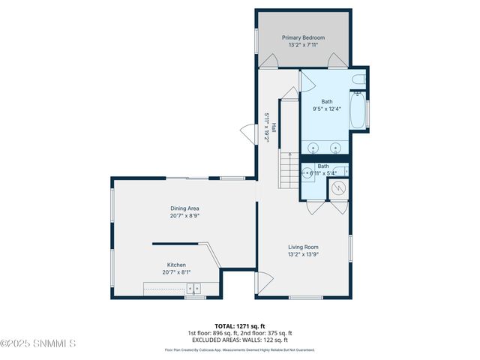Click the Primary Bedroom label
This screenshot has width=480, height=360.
tap(303, 37)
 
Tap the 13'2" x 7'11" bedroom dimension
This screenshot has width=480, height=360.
tap(303, 45)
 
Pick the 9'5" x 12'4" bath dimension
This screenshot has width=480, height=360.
tap(327, 109)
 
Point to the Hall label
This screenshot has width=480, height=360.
tap(274, 127)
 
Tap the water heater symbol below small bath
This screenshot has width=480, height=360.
tap(338, 188)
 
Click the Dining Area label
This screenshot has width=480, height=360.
tap(184, 208)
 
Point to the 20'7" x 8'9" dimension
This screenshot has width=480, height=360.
tap(184, 216)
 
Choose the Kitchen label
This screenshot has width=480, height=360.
tap(176, 265)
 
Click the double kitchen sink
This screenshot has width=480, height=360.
tap(194, 288)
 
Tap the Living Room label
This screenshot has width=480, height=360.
tap(304, 247)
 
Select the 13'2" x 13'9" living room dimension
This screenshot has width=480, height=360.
tap(304, 254)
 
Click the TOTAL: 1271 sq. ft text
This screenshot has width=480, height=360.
tap(240, 326)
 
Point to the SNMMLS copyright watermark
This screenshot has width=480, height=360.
tap(39, 344)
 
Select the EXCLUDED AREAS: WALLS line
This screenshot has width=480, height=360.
tap(240, 340)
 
